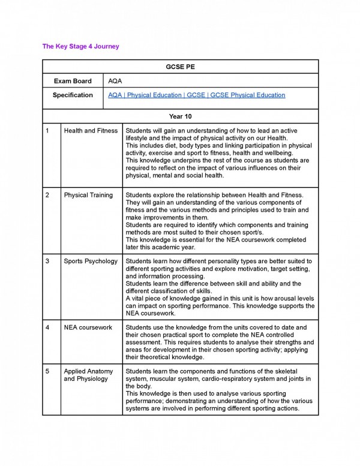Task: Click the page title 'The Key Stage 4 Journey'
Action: (80, 46)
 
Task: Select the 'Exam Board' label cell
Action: (73, 81)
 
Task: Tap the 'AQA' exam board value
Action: (115, 81)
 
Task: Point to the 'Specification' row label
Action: (73, 95)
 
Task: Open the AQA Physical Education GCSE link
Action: (196, 95)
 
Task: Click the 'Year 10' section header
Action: (180, 116)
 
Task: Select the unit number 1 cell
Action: (47, 131)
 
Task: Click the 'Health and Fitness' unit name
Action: (90, 131)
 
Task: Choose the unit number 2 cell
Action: (47, 196)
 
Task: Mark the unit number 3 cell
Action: (47, 261)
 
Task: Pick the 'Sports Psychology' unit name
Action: (91, 261)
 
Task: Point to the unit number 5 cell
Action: (47, 371)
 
